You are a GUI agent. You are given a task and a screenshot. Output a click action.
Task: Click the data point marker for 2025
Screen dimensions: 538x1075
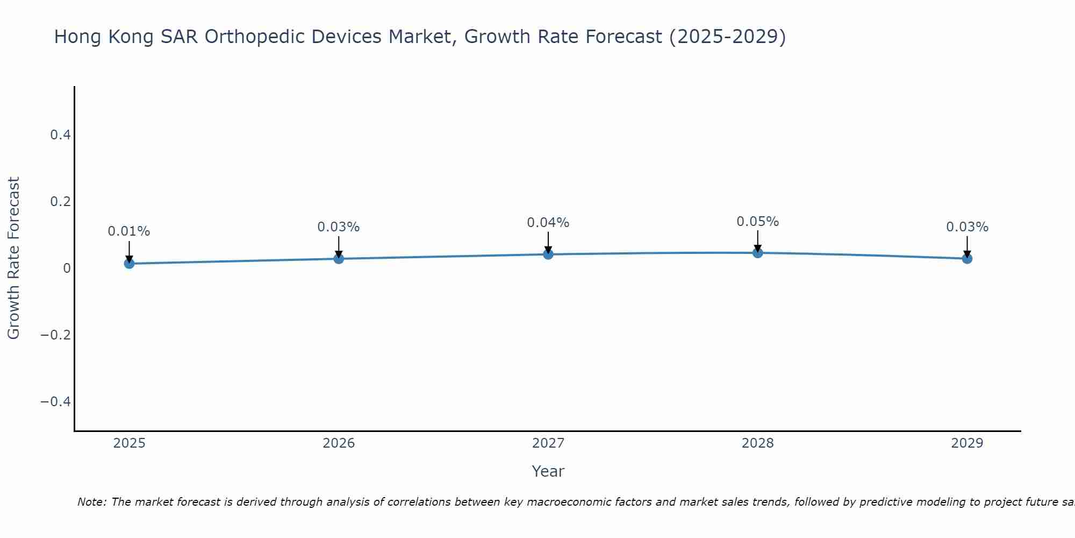tap(129, 263)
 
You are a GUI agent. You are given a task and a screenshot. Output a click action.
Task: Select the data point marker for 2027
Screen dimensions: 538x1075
tap(548, 254)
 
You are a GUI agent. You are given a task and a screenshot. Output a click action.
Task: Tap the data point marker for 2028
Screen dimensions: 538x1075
tap(757, 252)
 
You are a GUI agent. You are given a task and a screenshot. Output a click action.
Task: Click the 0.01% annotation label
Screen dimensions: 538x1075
tap(129, 231)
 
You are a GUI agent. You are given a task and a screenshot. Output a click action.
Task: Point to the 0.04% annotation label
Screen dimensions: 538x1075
tap(548, 222)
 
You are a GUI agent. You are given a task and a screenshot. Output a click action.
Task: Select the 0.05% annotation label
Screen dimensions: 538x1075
tap(757, 221)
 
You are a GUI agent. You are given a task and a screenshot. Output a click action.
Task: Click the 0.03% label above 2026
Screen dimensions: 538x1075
tap(338, 226)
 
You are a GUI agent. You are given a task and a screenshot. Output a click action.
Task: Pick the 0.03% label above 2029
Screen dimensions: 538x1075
tap(967, 226)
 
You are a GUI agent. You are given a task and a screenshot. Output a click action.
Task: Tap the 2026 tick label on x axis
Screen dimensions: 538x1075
tap(338, 443)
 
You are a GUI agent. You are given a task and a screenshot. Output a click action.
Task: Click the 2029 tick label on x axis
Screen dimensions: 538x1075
tap(967, 443)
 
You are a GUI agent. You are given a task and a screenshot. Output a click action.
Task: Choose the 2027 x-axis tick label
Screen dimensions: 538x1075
tap(548, 443)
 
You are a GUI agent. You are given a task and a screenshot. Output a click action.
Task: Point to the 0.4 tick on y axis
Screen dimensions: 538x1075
tap(60, 134)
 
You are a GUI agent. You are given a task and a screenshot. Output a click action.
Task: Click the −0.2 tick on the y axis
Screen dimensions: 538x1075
tap(55, 335)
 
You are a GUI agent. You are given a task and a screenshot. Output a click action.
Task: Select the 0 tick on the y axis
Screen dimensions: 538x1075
tap(67, 268)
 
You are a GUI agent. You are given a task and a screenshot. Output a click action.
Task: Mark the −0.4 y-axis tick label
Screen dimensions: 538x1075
tap(55, 401)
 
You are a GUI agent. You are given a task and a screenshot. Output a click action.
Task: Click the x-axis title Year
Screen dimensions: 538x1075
tap(548, 471)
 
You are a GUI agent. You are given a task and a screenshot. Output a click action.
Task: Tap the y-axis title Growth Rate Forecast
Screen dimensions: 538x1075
tap(13, 258)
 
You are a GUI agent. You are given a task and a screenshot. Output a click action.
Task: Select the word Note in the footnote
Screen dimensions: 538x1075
tap(92, 502)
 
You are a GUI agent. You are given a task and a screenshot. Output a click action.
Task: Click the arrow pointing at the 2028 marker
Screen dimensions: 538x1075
tap(757, 241)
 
